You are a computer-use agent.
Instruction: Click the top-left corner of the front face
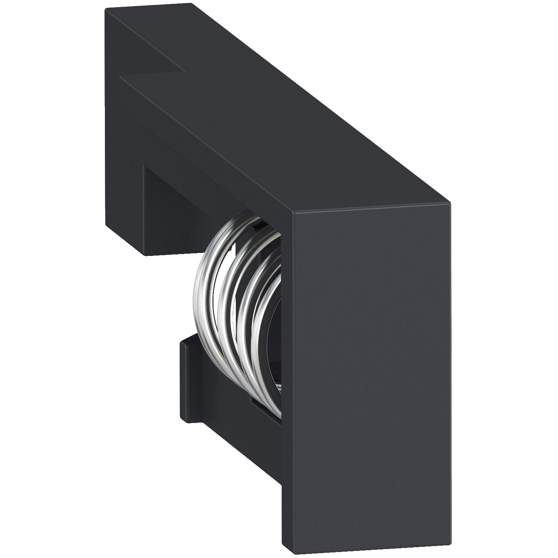click(x=294, y=214)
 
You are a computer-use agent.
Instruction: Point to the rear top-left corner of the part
click(x=106, y=10)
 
